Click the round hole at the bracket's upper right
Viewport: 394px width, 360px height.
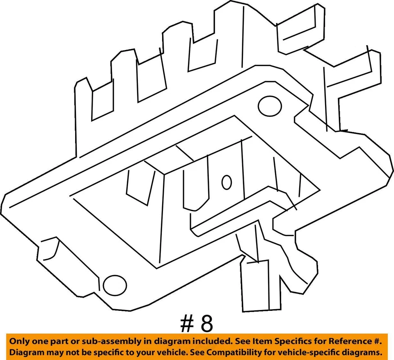[269, 105]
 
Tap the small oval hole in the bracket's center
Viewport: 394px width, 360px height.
[226, 182]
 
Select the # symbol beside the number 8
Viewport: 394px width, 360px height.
[186, 324]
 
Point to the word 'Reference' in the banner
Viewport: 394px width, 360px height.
[350, 341]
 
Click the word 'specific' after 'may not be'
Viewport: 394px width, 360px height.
[105, 352]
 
